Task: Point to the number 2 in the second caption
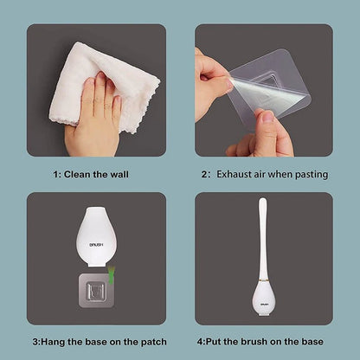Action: (x=205, y=174)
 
